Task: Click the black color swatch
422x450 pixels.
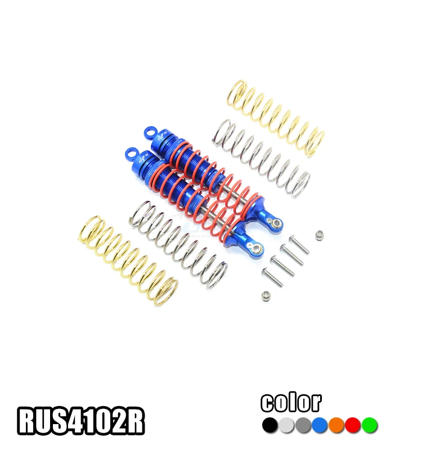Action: click(x=271, y=425)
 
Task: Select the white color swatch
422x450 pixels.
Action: click(x=287, y=425)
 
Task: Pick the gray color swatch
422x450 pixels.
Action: click(x=303, y=425)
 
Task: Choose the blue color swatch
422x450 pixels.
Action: click(x=320, y=425)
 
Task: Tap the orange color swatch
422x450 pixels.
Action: click(x=336, y=425)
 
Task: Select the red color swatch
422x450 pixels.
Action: click(x=353, y=425)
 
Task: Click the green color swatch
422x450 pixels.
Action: click(x=369, y=425)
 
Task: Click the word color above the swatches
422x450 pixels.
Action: click(x=291, y=402)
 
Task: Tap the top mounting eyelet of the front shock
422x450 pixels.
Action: click(x=131, y=152)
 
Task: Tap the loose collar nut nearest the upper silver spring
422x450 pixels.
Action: click(x=320, y=233)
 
